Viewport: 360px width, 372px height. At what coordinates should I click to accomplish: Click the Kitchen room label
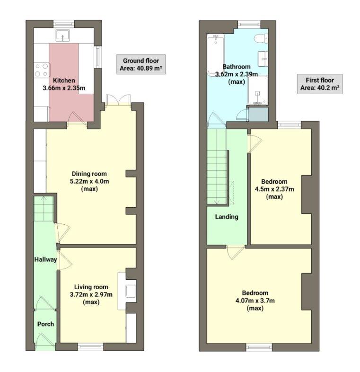pyautogui.click(x=63, y=80)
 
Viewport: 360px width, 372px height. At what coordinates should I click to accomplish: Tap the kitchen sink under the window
pyautogui.click(x=62, y=35)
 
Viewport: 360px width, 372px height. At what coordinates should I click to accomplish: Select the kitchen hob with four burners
pyautogui.click(x=41, y=70)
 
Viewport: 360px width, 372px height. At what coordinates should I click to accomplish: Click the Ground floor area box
pyautogui.click(x=141, y=64)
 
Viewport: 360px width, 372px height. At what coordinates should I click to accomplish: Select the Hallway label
pyautogui.click(x=45, y=259)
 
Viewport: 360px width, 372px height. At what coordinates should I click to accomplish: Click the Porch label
pyautogui.click(x=45, y=324)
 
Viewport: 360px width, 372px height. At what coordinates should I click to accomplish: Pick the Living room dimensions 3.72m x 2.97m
pyautogui.click(x=91, y=294)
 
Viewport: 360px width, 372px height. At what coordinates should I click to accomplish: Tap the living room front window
pyautogui.click(x=90, y=347)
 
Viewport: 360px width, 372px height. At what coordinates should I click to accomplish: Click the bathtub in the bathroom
pyautogui.click(x=215, y=55)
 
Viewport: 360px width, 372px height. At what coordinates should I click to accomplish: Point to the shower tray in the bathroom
pyautogui.click(x=257, y=91)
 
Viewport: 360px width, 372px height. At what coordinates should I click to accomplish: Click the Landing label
pyautogui.click(x=227, y=217)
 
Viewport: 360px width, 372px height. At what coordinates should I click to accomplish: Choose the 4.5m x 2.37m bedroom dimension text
pyautogui.click(x=274, y=189)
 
